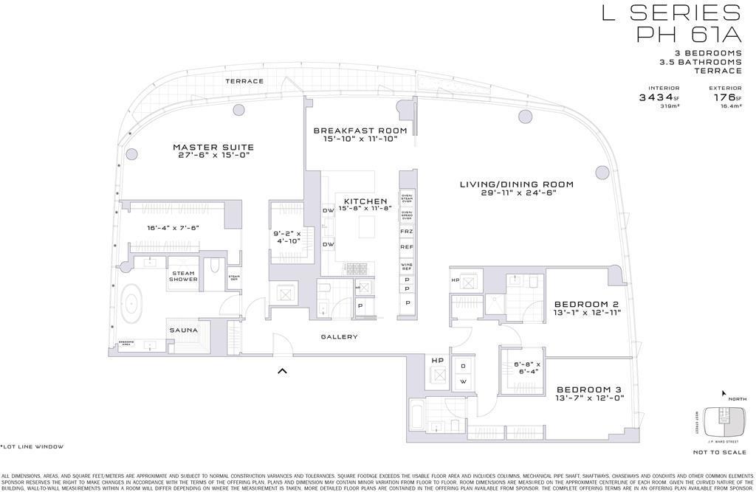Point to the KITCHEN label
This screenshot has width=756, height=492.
(x=365, y=201)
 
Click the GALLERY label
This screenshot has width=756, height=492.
(x=340, y=337)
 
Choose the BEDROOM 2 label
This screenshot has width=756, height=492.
(x=585, y=304)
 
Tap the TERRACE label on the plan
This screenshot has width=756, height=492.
(x=244, y=81)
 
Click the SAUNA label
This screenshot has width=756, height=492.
(x=183, y=330)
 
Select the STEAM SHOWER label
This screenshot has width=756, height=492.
(x=182, y=276)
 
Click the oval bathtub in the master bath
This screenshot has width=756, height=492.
(x=133, y=303)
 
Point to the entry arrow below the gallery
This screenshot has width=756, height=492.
(x=281, y=371)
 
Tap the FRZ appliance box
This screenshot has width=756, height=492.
(x=407, y=231)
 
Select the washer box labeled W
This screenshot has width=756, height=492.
(x=463, y=381)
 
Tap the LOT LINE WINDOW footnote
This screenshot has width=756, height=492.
(x=32, y=447)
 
